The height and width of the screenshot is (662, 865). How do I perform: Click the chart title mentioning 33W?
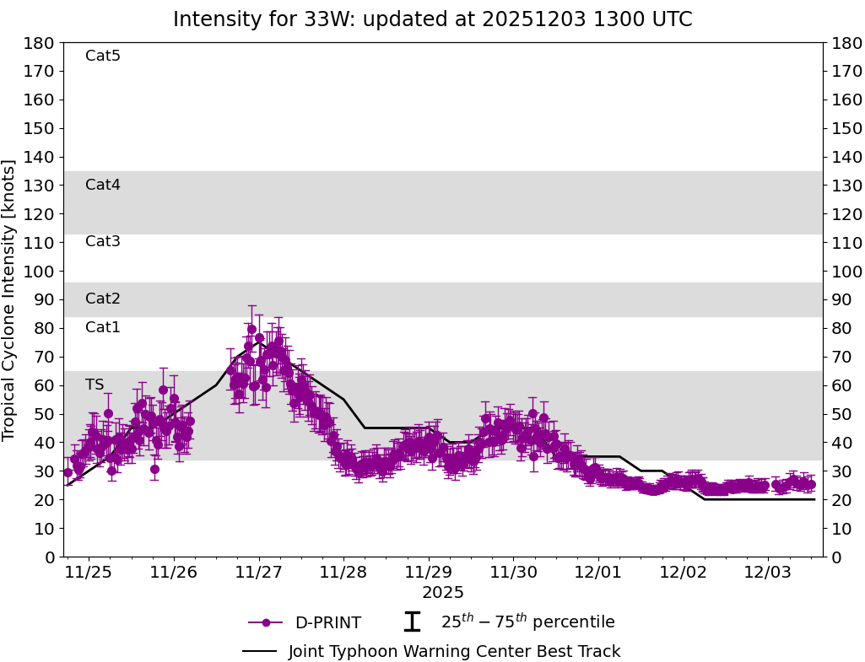click(432, 19)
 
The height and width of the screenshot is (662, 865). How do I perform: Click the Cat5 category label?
click(103, 56)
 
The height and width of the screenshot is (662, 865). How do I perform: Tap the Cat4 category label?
click(103, 185)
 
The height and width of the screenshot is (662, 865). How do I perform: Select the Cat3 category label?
click(103, 241)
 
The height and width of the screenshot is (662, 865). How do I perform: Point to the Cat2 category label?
click(103, 299)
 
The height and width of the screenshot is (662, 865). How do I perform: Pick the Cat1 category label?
click(103, 327)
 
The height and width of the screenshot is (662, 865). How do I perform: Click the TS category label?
click(95, 385)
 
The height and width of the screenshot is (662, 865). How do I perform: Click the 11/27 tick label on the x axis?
click(258, 573)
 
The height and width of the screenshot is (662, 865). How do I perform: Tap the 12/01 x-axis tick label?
click(598, 573)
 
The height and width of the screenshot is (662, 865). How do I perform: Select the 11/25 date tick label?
click(89, 573)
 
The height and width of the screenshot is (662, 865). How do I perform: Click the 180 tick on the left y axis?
click(41, 43)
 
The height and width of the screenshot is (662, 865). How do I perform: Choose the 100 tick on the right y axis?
click(845, 272)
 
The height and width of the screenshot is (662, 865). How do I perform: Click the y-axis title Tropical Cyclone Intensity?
click(9, 299)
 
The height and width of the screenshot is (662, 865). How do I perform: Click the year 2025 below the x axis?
click(443, 593)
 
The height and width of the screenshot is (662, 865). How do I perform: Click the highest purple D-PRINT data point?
click(251, 329)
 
